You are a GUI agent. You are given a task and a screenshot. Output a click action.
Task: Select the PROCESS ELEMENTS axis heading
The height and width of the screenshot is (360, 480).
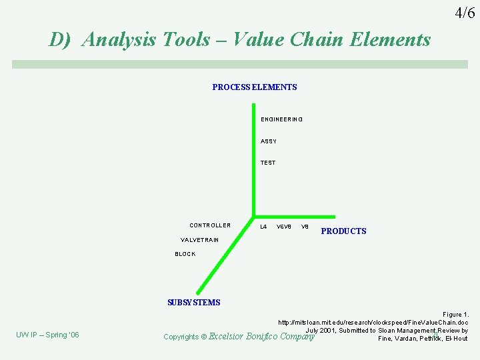pos(255,87)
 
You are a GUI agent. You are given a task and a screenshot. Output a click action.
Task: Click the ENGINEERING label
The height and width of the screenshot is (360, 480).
pos(281,119)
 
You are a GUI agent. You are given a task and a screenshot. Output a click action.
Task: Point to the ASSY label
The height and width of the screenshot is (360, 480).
pos(269,141)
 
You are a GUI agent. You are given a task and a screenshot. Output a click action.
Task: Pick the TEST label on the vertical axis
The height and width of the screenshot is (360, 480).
pos(268,163)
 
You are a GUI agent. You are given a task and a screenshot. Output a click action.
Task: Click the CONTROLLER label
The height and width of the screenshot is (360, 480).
pos(210,225)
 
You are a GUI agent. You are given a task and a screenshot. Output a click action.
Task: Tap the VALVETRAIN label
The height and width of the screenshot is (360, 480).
pos(199,240)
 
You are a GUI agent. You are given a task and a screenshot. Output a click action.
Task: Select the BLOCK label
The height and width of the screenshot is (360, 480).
pos(185,254)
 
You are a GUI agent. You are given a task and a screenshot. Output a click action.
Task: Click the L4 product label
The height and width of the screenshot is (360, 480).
pos(263,227)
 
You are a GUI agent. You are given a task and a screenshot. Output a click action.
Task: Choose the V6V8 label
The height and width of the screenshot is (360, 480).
pos(284,227)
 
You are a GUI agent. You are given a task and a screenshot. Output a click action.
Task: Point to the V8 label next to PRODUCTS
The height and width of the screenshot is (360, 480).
pos(305,227)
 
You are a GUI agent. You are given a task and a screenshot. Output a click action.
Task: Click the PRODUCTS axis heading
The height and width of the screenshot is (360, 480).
pos(343,231)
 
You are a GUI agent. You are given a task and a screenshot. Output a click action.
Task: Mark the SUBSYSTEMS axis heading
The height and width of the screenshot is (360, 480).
pos(193,303)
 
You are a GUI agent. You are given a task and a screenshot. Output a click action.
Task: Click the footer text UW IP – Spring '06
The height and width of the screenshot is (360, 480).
pos(47,335)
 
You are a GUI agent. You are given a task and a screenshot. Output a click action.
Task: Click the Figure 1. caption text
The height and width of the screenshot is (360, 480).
pos(455,314)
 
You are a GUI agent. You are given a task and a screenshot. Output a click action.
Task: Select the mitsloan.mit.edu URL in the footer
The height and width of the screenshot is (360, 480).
pos(373,322)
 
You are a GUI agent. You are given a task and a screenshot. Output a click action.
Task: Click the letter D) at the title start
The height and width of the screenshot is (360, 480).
pos(60,40)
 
